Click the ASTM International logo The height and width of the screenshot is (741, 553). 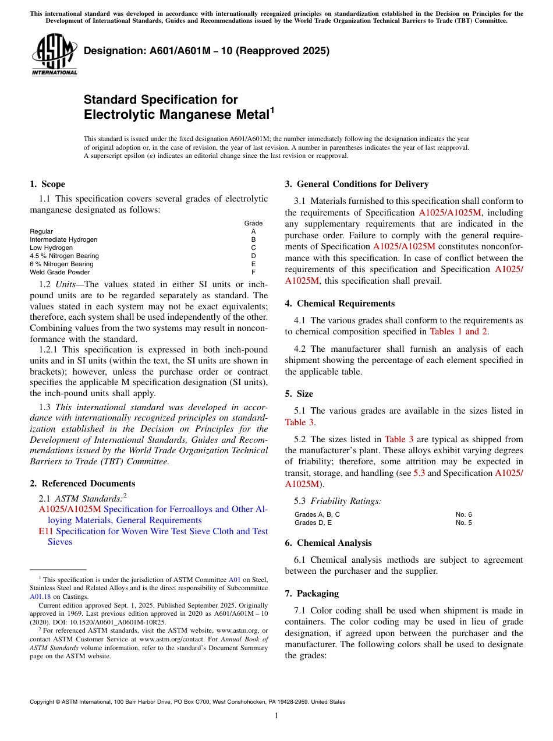pos(54,55)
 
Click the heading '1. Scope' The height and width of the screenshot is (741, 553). pos(47,184)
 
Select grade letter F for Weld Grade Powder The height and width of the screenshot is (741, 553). pos(253,272)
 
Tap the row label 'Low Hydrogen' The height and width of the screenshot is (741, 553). pos(51,248)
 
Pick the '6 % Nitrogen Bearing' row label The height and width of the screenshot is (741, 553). pos(61,264)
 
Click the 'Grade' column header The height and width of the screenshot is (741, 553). pos(253,223)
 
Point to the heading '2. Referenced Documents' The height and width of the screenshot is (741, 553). pos(83,484)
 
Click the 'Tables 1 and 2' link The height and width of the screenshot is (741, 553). pos(459,331)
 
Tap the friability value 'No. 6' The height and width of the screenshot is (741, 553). pos(463,514)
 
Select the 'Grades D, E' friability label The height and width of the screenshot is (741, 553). pos(313,523)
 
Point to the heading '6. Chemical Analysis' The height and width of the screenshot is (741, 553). pos(328,543)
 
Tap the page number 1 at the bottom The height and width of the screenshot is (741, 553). pos(276,715)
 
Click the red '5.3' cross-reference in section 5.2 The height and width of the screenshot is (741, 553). pos(419,473)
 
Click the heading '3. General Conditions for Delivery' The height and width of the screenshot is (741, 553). pos(357,184)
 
